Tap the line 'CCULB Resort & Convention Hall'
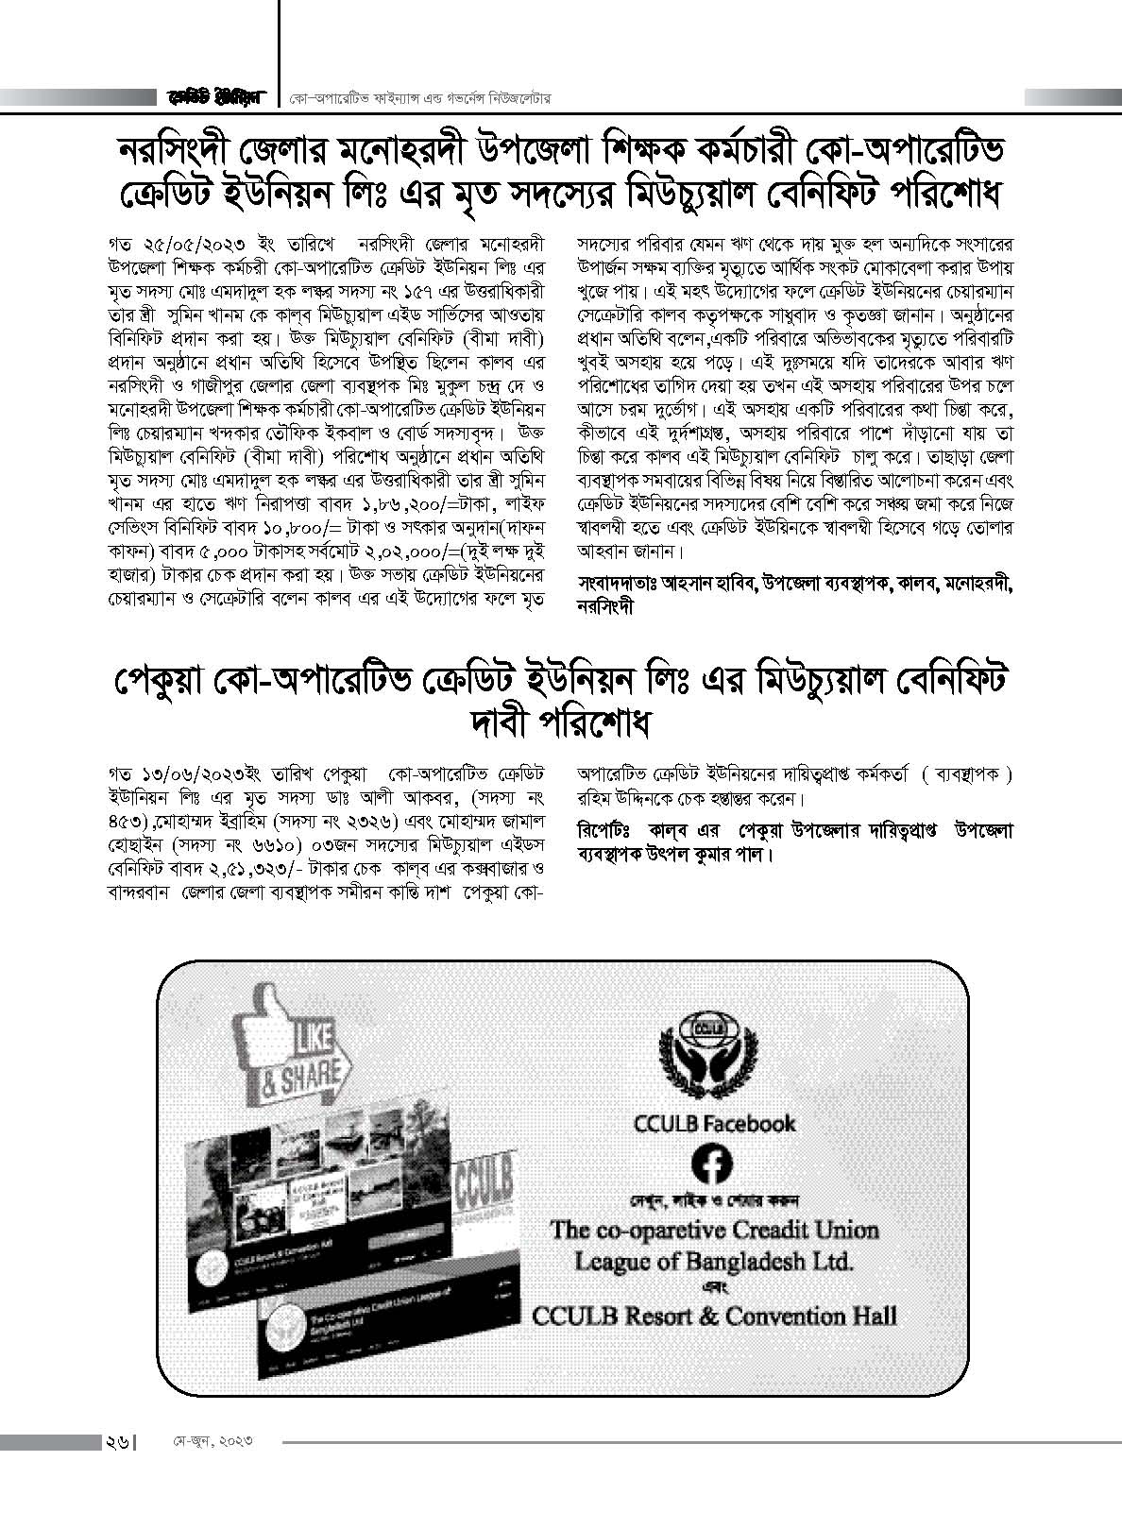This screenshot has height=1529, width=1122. click(714, 1316)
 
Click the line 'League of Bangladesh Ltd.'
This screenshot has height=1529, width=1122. click(714, 1261)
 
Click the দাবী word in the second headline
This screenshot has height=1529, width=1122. click(502, 724)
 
